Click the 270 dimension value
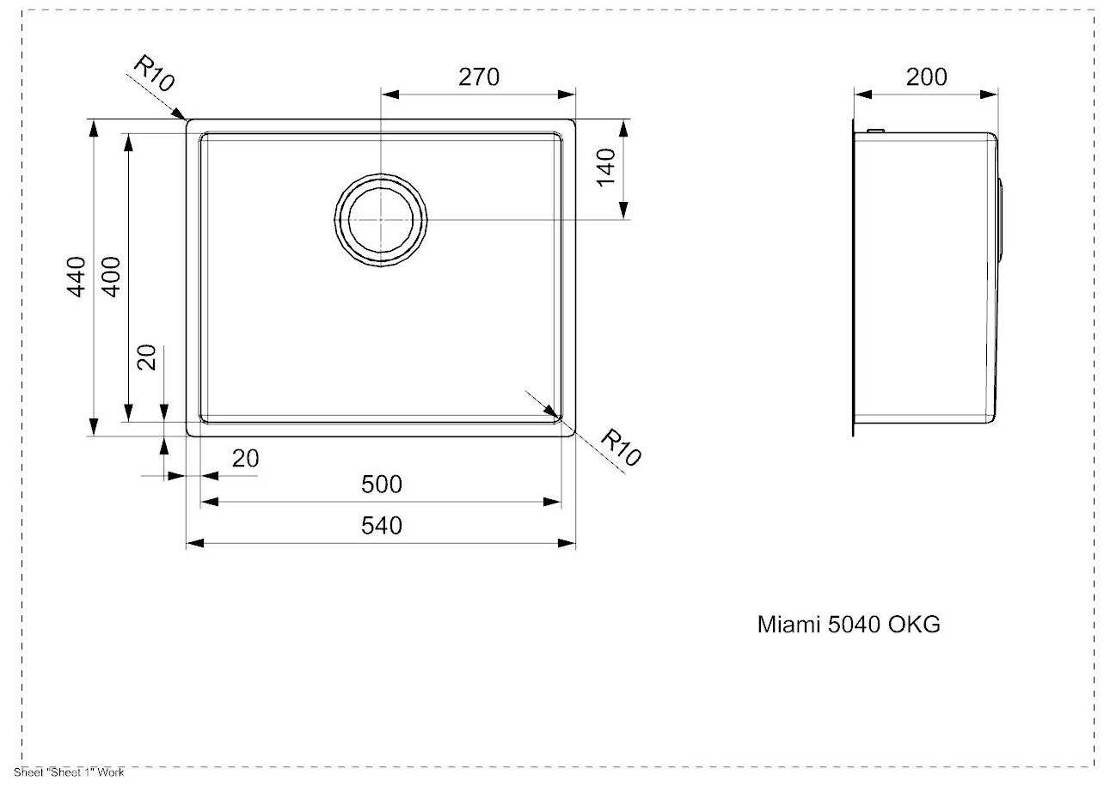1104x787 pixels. pos(479,77)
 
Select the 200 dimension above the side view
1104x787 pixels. pos(927,77)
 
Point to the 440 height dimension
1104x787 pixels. pos(77,276)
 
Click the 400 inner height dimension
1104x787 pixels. pos(111,276)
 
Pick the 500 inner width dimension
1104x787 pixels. pos(381,485)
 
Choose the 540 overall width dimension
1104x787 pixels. pos(381,525)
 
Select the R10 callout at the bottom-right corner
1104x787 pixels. pos(619,447)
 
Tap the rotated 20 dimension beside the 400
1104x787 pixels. pos(147,357)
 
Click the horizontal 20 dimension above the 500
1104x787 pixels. pos(245,459)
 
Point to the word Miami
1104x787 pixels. pos(788,625)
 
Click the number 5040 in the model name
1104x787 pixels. pos(854,625)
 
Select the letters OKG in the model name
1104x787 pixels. pos(913,625)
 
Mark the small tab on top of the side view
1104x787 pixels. pos(875,131)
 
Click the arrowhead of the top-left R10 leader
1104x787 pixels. pos(181,114)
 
